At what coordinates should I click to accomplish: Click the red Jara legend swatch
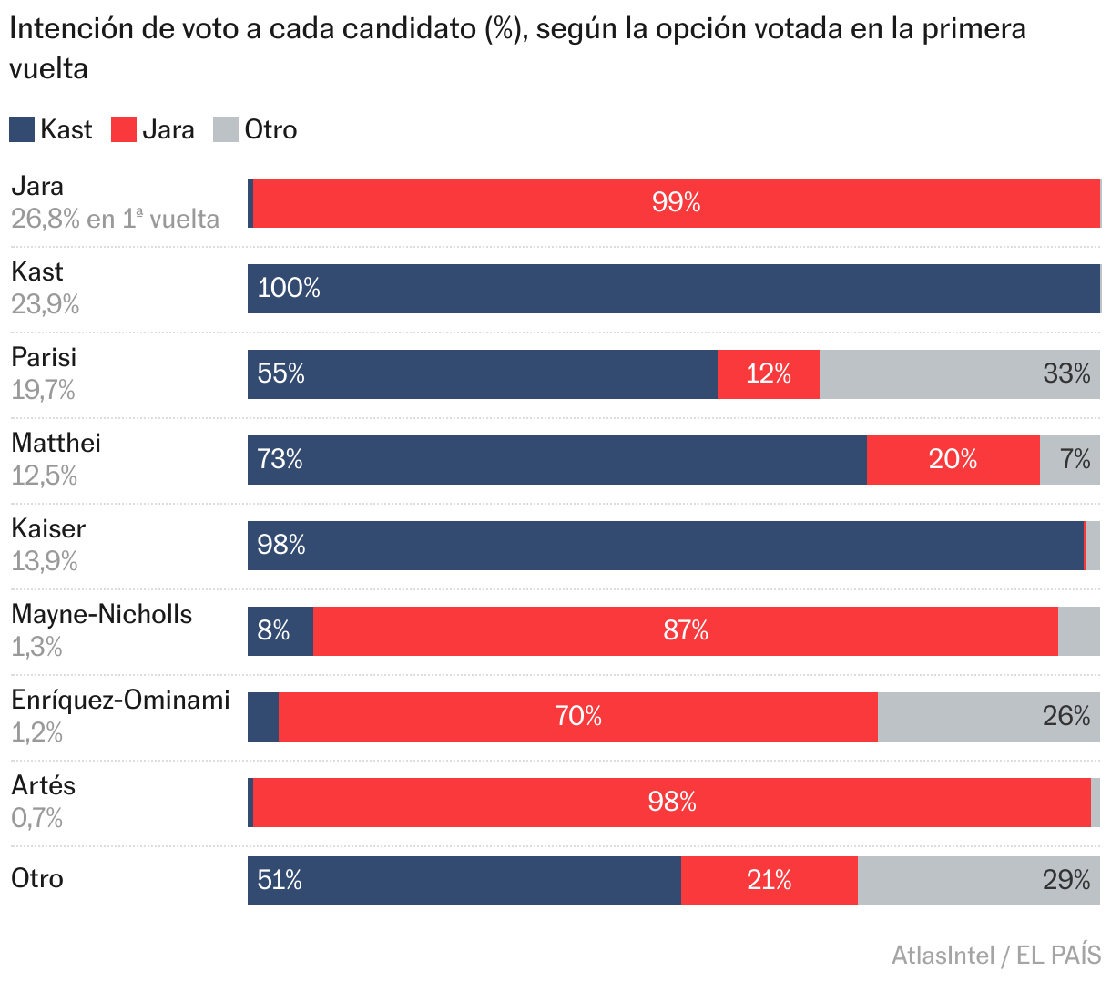pos(124,129)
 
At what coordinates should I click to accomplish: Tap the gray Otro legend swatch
pos(226,129)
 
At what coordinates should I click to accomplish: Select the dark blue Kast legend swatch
pos(22,129)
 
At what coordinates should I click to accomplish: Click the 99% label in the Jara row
pos(676,202)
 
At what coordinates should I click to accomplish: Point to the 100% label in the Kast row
pos(289,289)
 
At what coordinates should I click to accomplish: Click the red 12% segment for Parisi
pos(768,374)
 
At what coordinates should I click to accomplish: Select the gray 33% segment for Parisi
pos(959,374)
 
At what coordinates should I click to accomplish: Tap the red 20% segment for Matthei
pos(953,460)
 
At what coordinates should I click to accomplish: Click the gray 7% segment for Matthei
pos(1069,460)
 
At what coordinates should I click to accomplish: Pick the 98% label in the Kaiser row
pos(280,546)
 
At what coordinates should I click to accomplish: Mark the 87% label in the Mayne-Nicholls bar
pos(685,631)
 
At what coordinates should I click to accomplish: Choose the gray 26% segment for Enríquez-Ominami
pos(988,717)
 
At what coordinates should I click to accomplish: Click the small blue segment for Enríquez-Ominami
pos(263,717)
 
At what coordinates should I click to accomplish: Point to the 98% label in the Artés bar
pos(672,803)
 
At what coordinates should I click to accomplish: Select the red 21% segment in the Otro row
pos(769,881)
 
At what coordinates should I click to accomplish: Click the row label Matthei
pos(56,444)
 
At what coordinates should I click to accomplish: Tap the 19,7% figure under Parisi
pos(44,391)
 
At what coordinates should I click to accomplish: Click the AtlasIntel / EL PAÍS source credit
pos(996,955)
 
